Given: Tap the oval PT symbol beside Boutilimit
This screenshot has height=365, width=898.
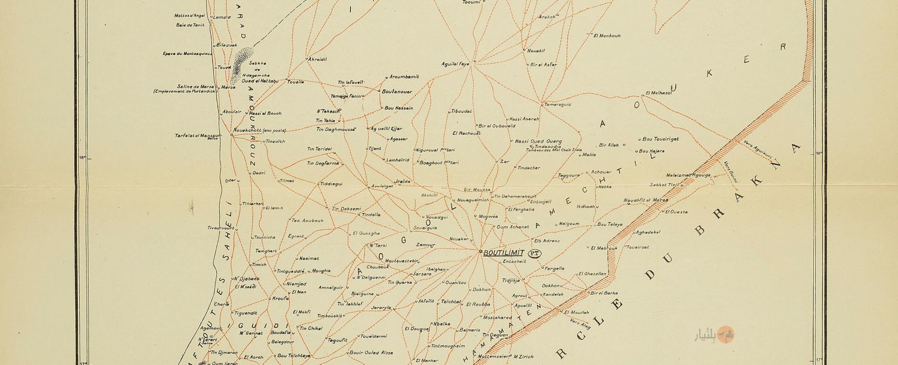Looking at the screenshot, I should coord(535,253).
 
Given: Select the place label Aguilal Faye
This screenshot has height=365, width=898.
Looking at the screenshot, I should coord(455,64).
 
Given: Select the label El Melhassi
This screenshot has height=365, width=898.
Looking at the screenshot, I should coord(659,93).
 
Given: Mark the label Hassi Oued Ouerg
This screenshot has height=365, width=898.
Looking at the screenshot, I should coord(538,142).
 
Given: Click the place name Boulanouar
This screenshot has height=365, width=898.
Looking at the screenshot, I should coord(397,91).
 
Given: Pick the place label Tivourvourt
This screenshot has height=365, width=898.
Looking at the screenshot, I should coord(220,228).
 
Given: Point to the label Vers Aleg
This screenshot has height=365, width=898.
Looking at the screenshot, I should coord(580,323).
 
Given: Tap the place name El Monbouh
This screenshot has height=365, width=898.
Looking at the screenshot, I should coord(607,35).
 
